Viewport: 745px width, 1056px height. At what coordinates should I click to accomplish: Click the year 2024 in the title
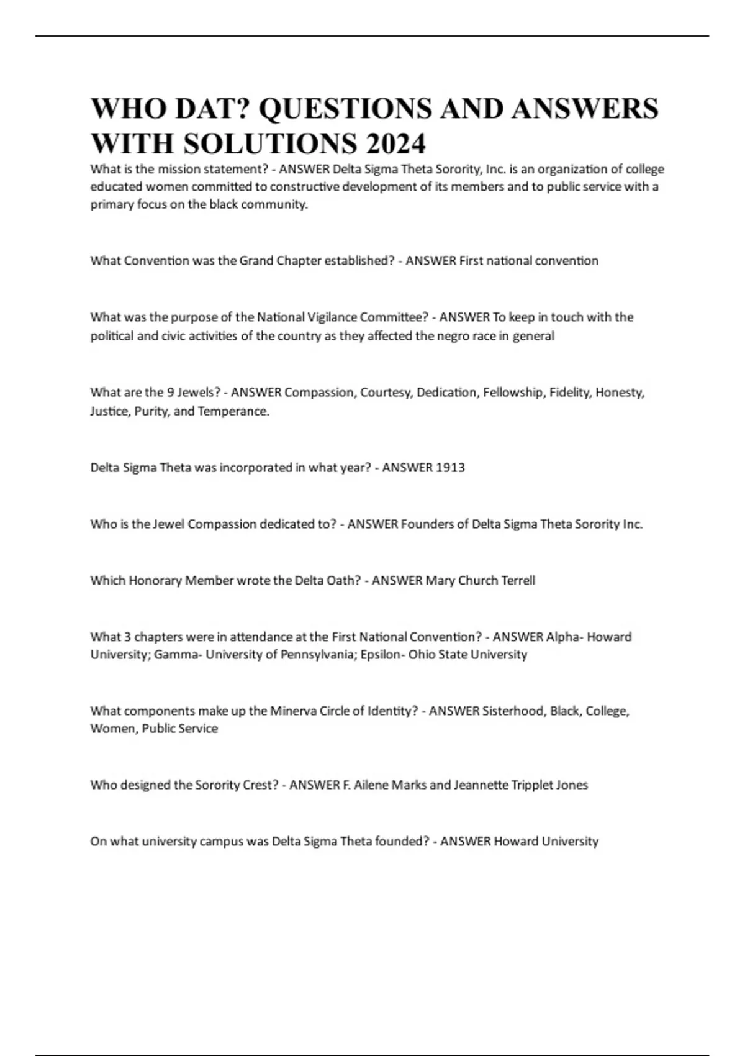click(395, 143)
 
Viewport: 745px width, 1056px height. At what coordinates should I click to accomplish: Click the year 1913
click(450, 468)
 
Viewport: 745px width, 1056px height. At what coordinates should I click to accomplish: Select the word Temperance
click(233, 411)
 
